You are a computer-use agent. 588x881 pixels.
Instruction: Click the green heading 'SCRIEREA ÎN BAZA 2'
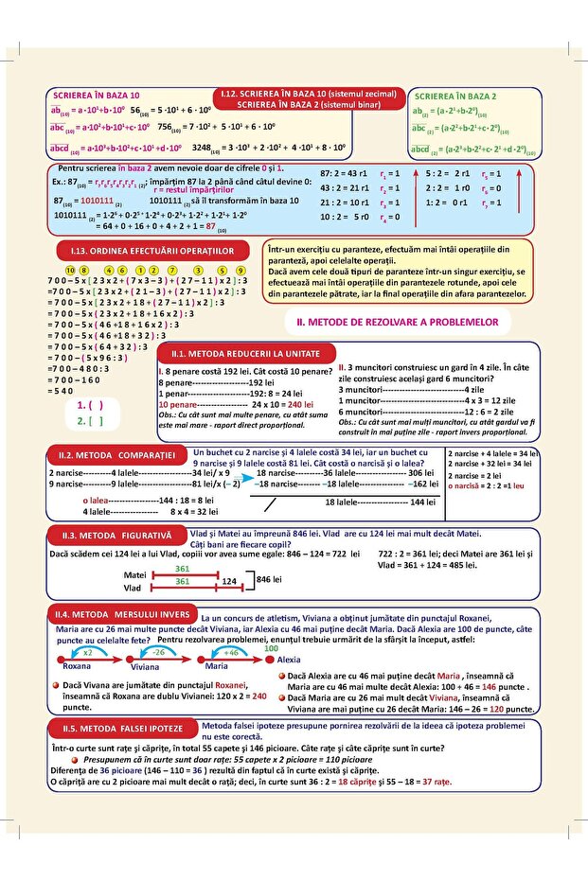pyautogui.click(x=454, y=97)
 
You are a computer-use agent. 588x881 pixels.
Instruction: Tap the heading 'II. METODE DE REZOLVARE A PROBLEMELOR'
pyautogui.click(x=398, y=323)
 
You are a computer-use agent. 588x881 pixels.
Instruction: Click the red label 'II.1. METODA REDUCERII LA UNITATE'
pyautogui.click(x=242, y=353)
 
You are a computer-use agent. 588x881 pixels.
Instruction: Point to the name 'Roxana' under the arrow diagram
pyautogui.click(x=76, y=666)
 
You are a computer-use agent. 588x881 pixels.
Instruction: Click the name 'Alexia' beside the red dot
pyautogui.click(x=289, y=659)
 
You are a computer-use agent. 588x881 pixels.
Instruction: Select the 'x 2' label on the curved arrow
pyautogui.click(x=87, y=652)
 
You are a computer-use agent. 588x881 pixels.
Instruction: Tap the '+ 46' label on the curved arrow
pyautogui.click(x=230, y=652)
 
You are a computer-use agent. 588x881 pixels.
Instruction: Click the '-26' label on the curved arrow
pyautogui.click(x=158, y=652)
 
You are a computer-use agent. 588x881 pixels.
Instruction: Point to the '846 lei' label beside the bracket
pyautogui.click(x=271, y=578)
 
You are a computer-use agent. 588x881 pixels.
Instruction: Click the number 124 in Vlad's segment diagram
pyautogui.click(x=228, y=584)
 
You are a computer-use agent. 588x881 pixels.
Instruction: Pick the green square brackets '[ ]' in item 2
pyautogui.click(x=96, y=421)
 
